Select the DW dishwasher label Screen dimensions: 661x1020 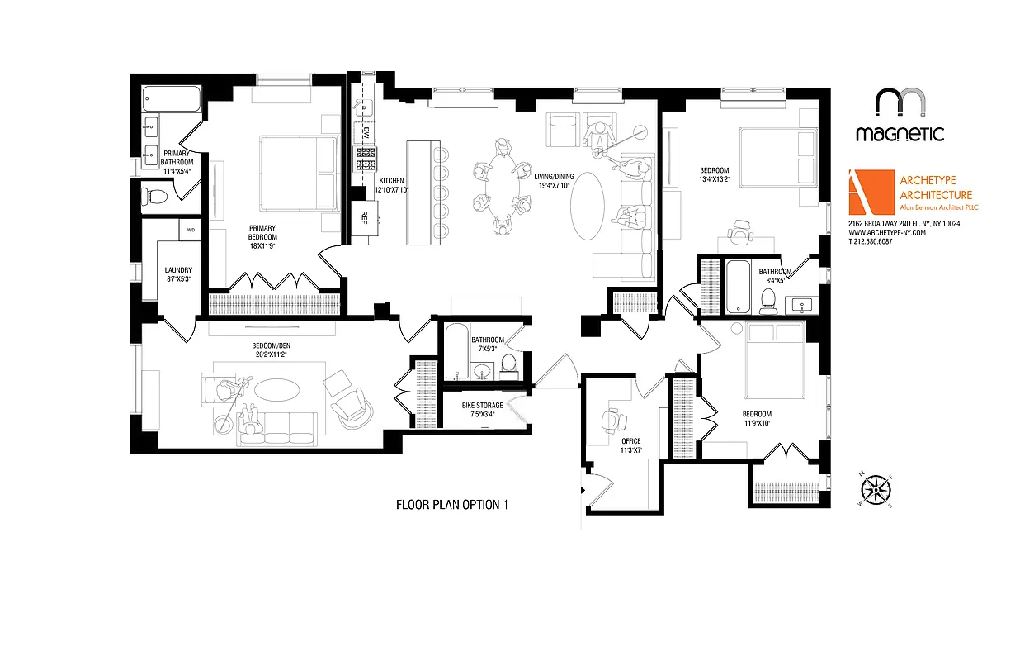tap(366, 132)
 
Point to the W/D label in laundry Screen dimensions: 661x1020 tap(190, 230)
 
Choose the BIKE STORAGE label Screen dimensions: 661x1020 tap(482, 409)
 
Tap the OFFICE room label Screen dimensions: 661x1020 tap(630, 445)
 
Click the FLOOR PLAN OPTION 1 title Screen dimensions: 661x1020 tap(450, 505)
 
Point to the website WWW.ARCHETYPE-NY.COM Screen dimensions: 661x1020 tap(887, 233)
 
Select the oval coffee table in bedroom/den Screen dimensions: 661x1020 tap(275, 390)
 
